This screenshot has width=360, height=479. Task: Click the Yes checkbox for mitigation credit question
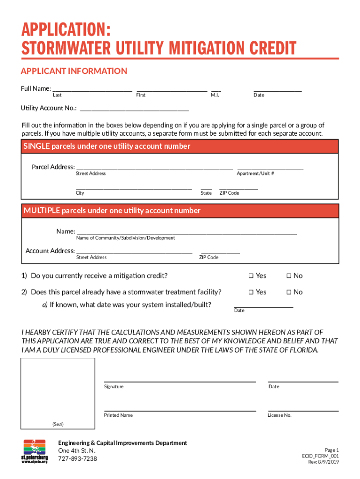tap(251, 276)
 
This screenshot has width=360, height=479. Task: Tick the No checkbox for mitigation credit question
tap(288, 276)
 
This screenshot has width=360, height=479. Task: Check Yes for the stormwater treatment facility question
tap(251, 292)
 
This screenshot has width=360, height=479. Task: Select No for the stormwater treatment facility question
tap(288, 292)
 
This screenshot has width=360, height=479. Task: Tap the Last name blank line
tap(92, 90)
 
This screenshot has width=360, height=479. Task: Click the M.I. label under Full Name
tap(215, 95)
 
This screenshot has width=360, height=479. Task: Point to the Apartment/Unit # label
tap(255, 174)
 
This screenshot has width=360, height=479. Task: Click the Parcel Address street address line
tap(154, 168)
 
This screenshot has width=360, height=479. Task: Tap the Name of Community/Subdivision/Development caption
tap(125, 238)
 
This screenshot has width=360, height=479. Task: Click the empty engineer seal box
tap(58, 389)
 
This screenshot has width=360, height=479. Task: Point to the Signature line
tap(180, 381)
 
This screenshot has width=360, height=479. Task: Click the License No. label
tap(280, 415)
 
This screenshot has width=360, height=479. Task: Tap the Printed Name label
tap(118, 415)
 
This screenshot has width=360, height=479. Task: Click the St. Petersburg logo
tap(35, 451)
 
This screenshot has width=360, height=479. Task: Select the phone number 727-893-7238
tap(78, 459)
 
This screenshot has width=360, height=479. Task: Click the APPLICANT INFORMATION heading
tap(74, 71)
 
